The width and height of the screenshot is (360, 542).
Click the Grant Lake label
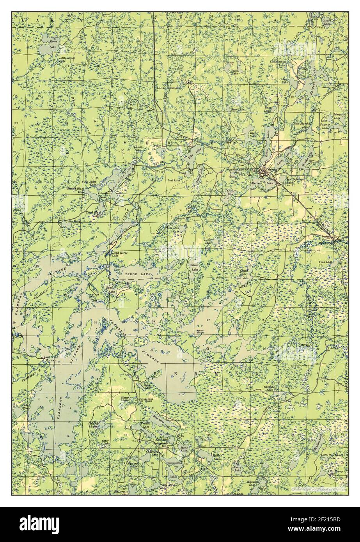click(x=244, y=272)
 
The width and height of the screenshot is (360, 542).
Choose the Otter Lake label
click(x=105, y=442)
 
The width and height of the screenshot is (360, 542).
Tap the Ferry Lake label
click(x=237, y=468)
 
